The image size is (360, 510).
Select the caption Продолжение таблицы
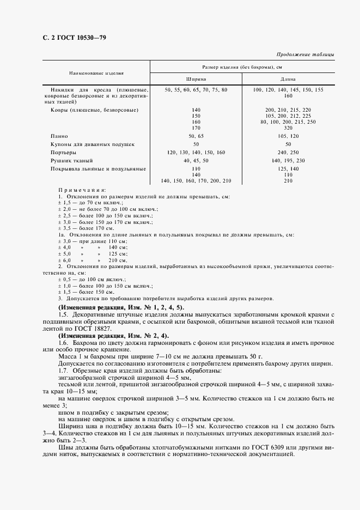306,54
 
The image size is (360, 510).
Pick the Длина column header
289,78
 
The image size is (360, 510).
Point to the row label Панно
59,135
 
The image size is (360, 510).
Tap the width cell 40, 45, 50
196,161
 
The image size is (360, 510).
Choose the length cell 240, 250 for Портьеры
289,153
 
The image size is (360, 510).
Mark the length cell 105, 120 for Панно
289,135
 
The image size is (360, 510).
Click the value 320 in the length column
289,127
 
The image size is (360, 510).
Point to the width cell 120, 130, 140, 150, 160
196,153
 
